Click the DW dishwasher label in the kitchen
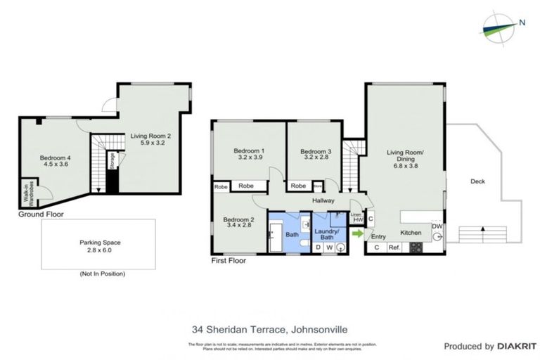click(x=437, y=226)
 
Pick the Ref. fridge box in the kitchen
click(x=394, y=247)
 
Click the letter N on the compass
click(x=521, y=21)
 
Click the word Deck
click(x=477, y=181)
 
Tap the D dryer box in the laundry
click(x=318, y=247)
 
